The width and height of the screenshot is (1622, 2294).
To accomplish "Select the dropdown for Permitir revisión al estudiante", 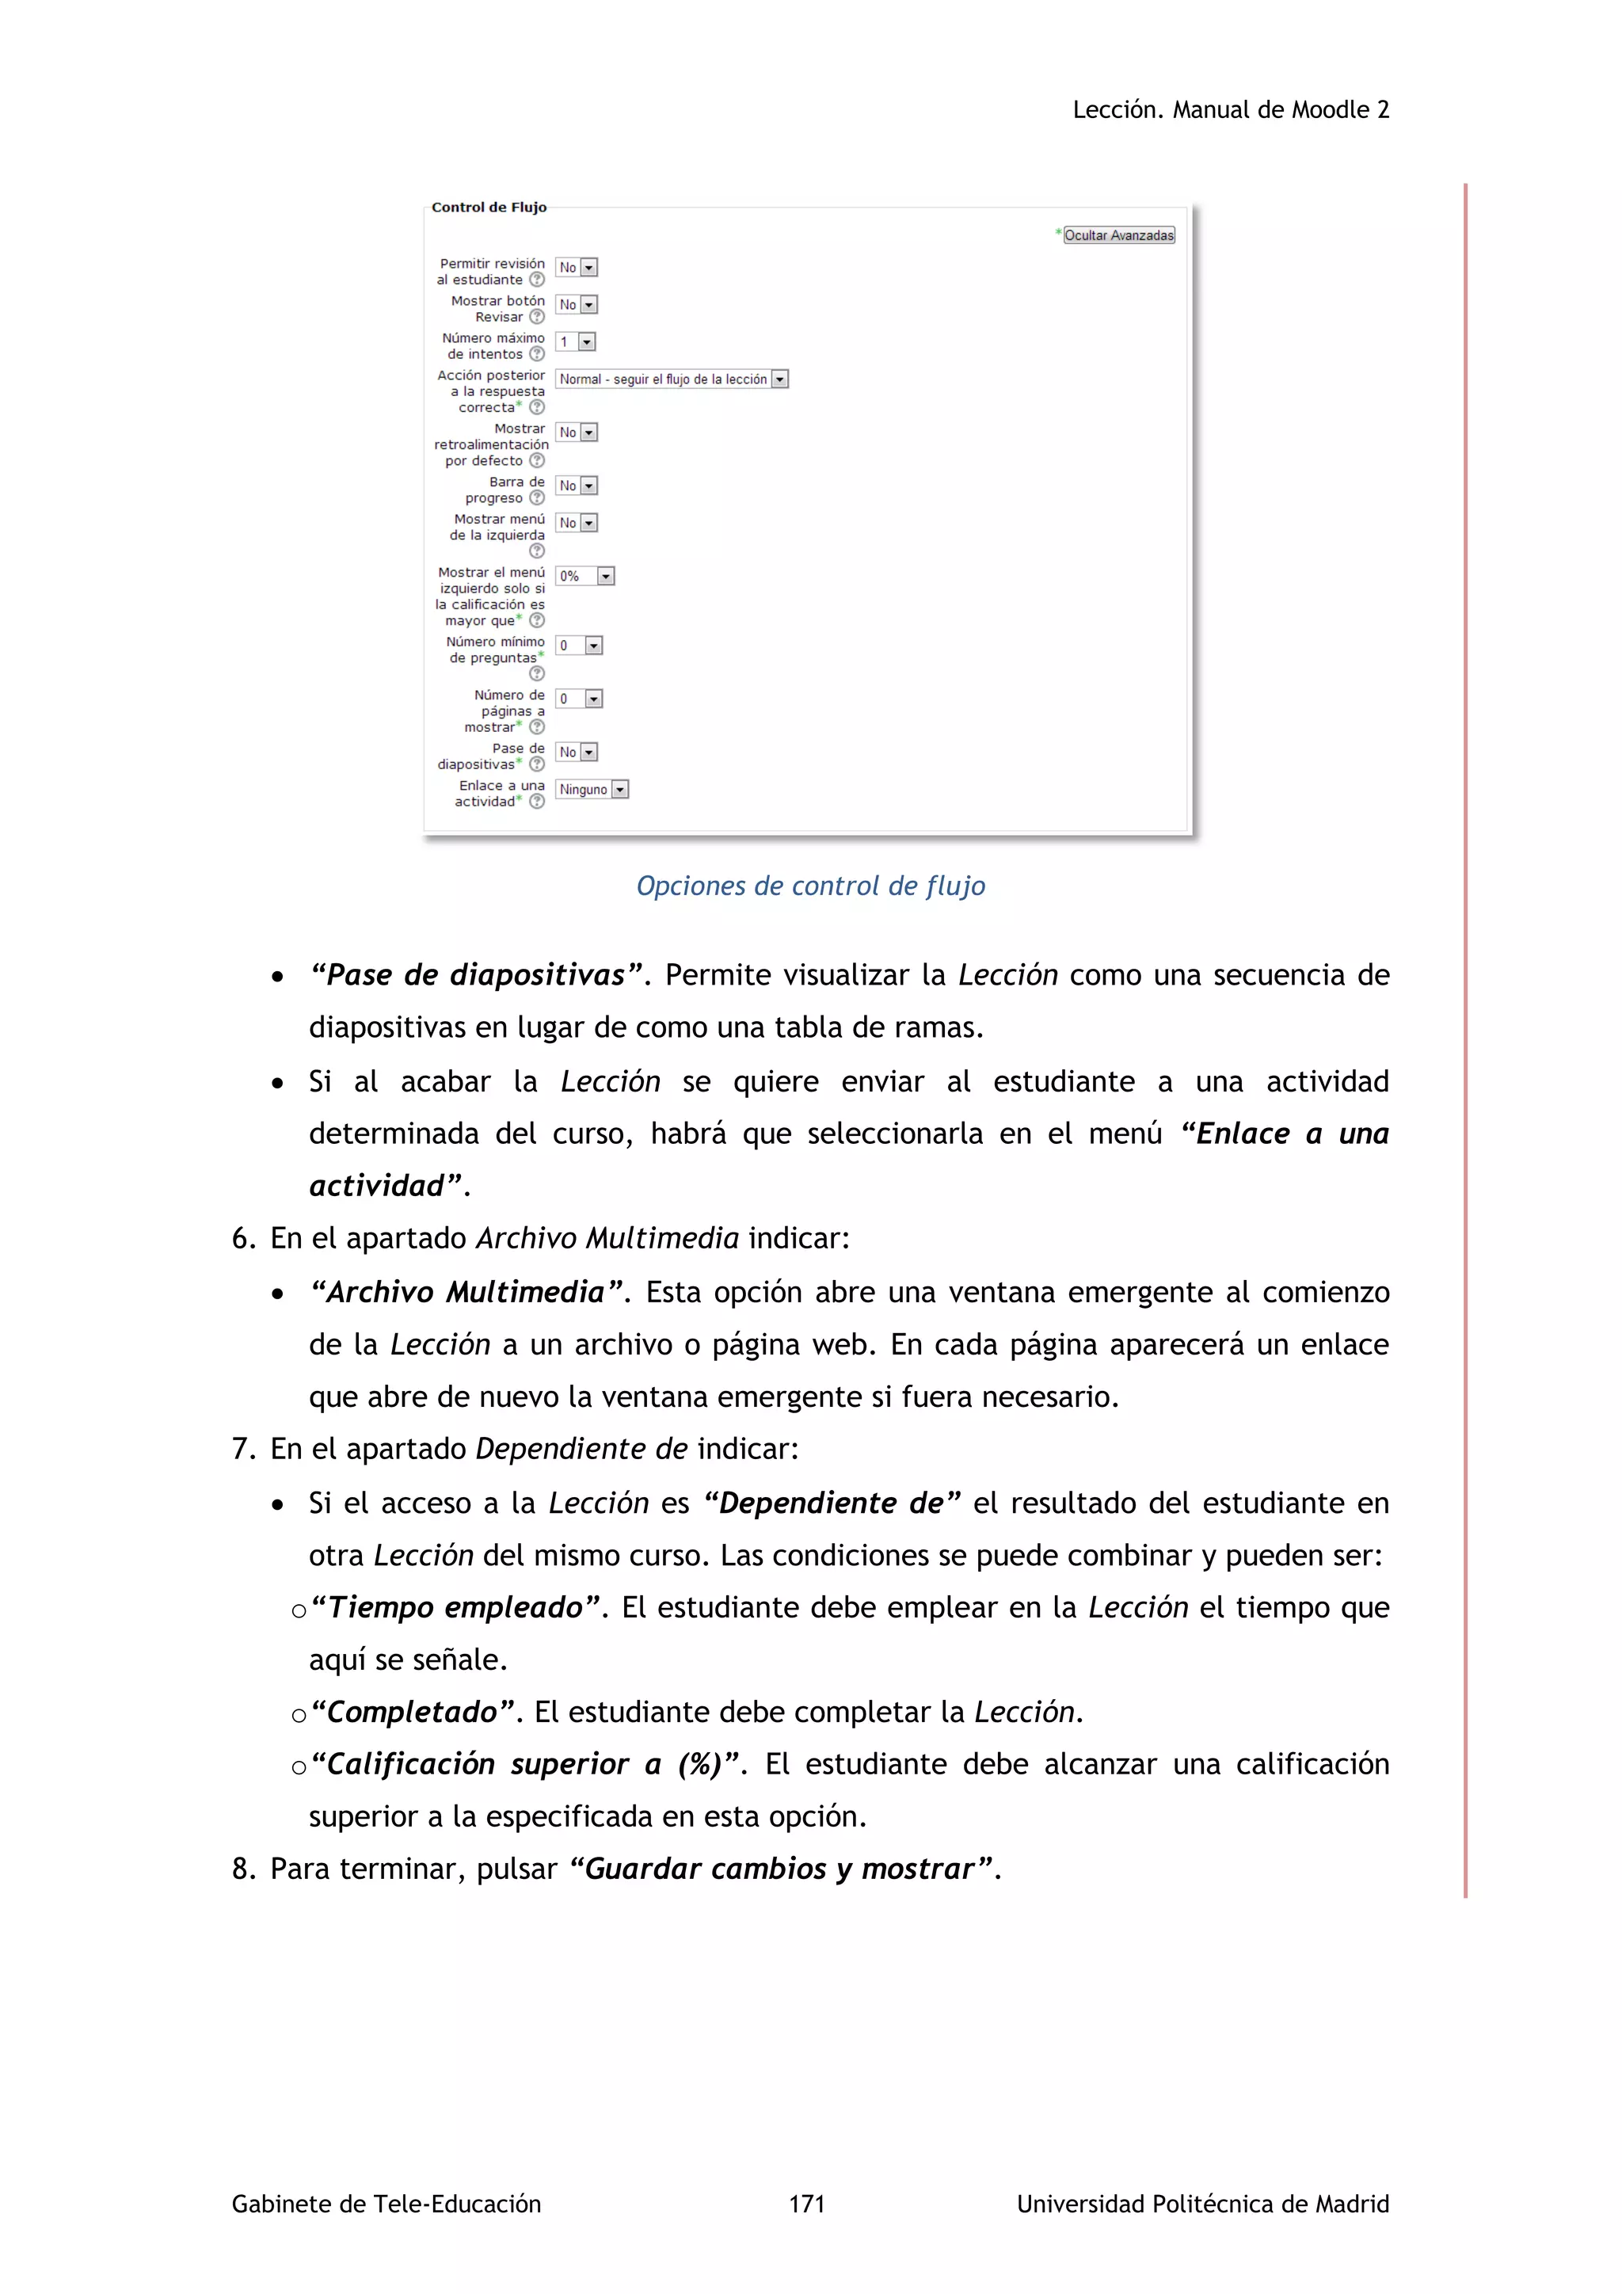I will pyautogui.click(x=577, y=268).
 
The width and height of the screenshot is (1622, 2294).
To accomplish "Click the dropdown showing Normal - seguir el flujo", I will pyautogui.click(x=671, y=379).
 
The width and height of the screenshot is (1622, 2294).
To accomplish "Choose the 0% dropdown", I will pyautogui.click(x=585, y=577).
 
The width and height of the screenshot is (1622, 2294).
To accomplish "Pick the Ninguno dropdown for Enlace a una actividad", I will pyautogui.click(x=592, y=789).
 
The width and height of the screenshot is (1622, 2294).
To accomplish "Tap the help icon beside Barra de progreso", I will pyautogui.click(x=537, y=497).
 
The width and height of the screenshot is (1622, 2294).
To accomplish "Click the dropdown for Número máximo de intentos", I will pyautogui.click(x=575, y=341).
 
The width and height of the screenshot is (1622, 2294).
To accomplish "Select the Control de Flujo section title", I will pyautogui.click(x=489, y=208).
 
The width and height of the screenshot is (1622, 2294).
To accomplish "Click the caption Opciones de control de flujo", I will pyautogui.click(x=810, y=886).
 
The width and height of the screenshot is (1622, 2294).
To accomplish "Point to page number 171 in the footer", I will pyautogui.click(x=806, y=2204).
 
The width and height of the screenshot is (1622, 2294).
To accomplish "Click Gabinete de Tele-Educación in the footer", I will pyautogui.click(x=386, y=2204).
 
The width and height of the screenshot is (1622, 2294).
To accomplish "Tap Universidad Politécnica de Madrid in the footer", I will pyautogui.click(x=1202, y=2204).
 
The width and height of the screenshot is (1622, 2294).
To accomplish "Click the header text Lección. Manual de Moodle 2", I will pyautogui.click(x=1231, y=110).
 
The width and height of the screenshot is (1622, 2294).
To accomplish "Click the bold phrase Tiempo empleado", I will pyautogui.click(x=455, y=1607).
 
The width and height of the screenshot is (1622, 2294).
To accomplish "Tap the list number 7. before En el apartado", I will pyautogui.click(x=244, y=1450).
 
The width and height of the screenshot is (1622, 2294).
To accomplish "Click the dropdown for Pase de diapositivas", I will pyautogui.click(x=577, y=753).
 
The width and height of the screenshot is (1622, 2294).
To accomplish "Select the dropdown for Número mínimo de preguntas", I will pyautogui.click(x=579, y=646).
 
